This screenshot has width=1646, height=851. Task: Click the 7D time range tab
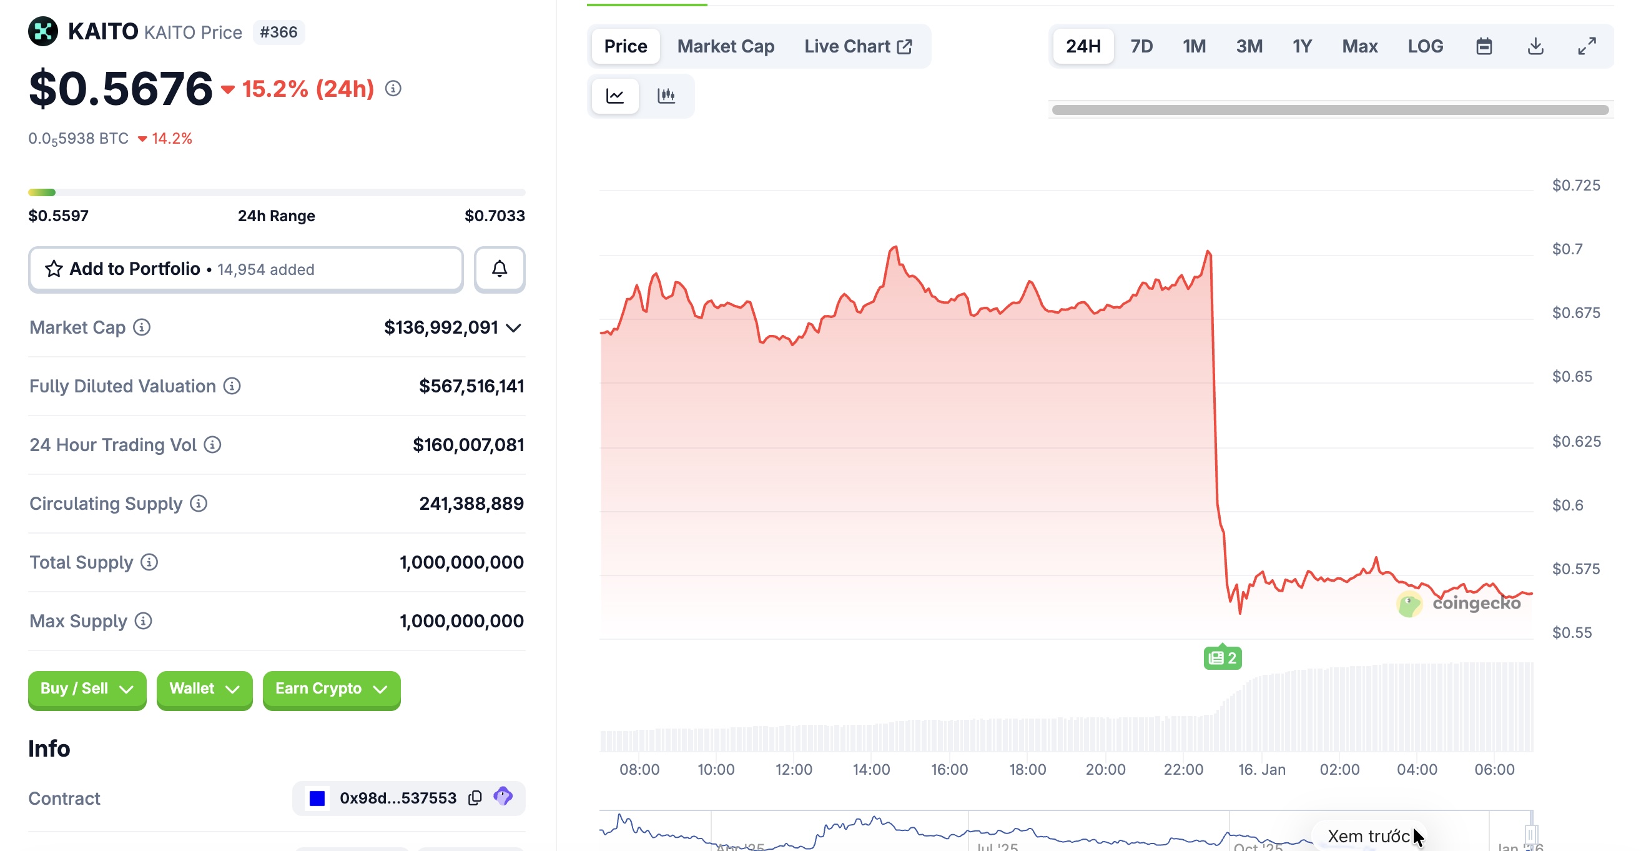(1141, 46)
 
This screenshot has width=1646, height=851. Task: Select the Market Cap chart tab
(725, 46)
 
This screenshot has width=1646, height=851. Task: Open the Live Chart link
(857, 46)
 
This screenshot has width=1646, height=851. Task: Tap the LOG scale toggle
(1425, 46)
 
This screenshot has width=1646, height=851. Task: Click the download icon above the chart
(1535, 46)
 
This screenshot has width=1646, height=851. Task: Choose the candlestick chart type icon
(666, 96)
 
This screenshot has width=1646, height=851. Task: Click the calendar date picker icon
(1484, 46)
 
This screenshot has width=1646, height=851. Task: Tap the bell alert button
(499, 269)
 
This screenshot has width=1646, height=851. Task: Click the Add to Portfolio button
(245, 269)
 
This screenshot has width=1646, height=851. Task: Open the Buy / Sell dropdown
(87, 689)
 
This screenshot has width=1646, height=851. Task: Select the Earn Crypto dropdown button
(331, 689)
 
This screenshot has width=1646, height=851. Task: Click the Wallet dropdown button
(204, 689)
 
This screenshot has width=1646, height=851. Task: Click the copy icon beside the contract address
(475, 798)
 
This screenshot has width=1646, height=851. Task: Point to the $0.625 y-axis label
(1575, 441)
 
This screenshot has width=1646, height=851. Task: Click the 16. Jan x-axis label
(1261, 769)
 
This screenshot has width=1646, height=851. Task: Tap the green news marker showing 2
(1222, 657)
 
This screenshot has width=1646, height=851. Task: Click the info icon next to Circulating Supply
(199, 503)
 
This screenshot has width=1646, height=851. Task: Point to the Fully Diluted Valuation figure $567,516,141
(471, 386)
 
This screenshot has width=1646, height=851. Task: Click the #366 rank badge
(278, 32)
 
